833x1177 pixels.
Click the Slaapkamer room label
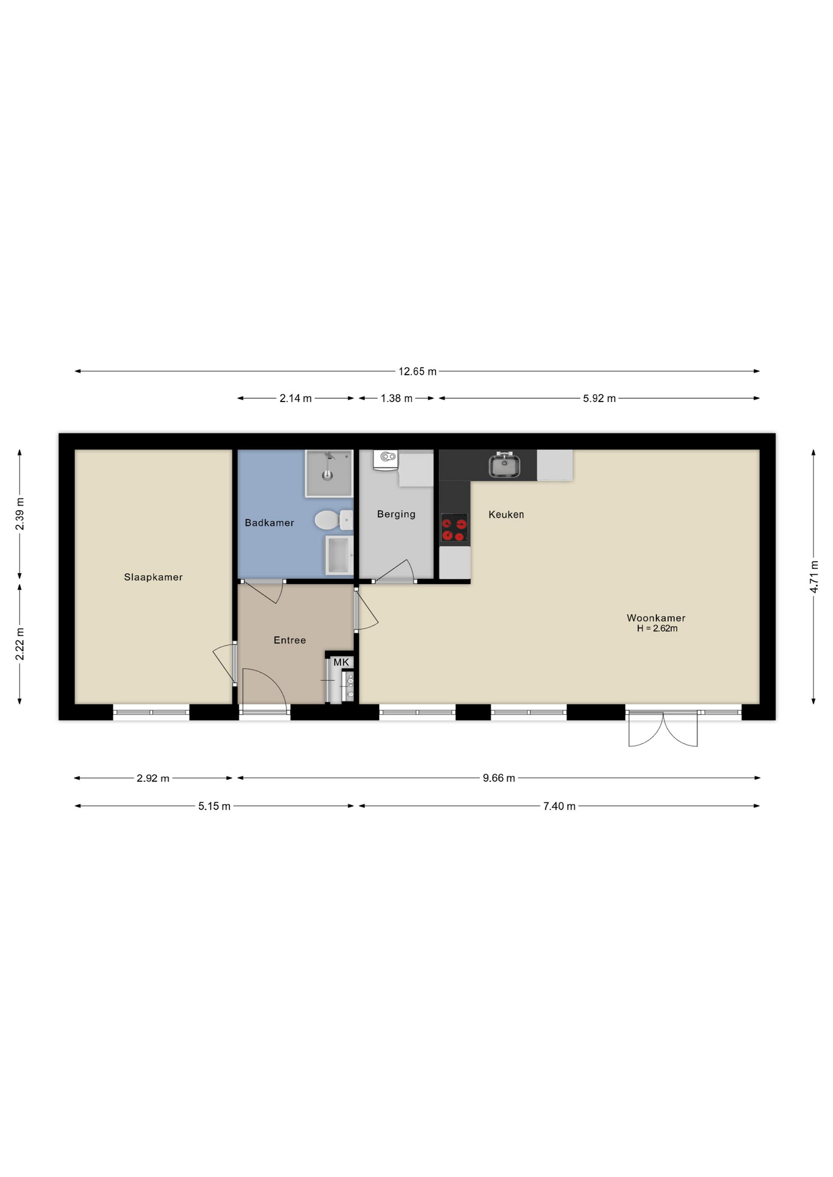(153, 577)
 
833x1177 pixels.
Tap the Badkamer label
(269, 523)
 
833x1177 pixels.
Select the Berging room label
(396, 514)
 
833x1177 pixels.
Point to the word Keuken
(506, 515)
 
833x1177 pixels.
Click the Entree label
(290, 640)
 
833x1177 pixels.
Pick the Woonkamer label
(656, 618)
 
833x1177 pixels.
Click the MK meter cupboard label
(341, 662)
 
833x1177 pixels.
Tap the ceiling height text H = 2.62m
(657, 628)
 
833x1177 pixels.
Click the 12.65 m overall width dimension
(418, 371)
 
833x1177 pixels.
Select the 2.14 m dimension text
(296, 398)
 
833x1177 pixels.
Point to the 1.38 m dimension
(396, 398)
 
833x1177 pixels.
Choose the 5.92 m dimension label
(599, 398)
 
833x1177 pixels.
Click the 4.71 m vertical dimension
(814, 577)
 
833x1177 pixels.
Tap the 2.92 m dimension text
(153, 779)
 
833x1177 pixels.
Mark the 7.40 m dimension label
(559, 806)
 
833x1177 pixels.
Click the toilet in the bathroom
(334, 520)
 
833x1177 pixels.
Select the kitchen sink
(504, 465)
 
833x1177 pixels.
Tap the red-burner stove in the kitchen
(455, 529)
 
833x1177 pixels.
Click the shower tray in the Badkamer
(329, 473)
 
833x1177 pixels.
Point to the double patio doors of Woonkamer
(662, 729)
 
